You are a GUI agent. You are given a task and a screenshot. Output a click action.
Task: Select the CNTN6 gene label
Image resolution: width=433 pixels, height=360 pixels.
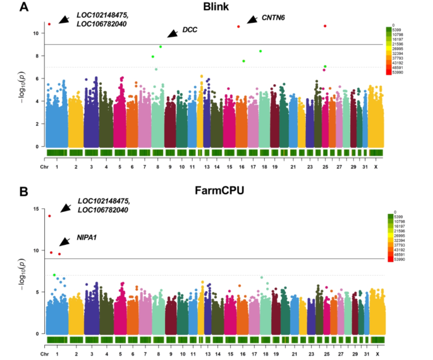coord(273,17)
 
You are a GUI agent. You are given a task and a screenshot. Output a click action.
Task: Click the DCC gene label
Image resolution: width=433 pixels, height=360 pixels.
coord(190,30)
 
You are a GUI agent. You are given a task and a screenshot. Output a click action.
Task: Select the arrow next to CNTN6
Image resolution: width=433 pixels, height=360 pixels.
coord(252,20)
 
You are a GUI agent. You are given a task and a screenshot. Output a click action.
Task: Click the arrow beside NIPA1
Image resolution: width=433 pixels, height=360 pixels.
coord(64,242)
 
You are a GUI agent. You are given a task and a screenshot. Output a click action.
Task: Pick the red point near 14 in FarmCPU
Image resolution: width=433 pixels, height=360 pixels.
coord(49,216)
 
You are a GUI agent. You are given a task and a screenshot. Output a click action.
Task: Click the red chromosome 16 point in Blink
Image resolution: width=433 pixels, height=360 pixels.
coord(238,27)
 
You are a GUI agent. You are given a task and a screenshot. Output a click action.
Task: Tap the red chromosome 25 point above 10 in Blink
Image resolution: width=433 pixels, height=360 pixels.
coord(325,26)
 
